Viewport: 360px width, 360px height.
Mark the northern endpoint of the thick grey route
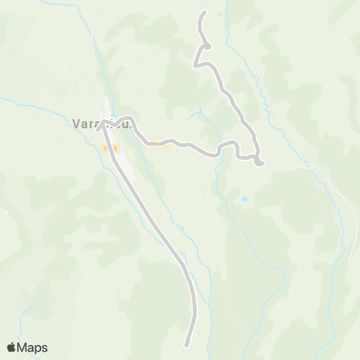coord(204,13)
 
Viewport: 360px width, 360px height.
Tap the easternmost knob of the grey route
coord(258,161)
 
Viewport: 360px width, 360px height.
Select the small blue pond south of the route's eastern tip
coord(244,199)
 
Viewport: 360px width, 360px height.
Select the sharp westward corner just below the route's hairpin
coord(196,66)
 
